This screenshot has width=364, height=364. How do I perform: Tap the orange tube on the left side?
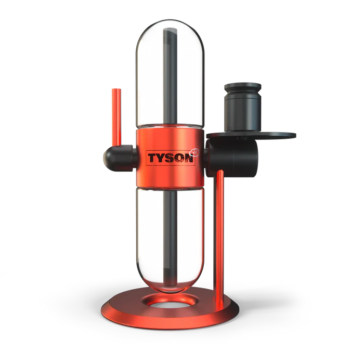[x=115, y=117]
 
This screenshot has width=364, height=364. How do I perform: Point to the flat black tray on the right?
[x=276, y=136]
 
